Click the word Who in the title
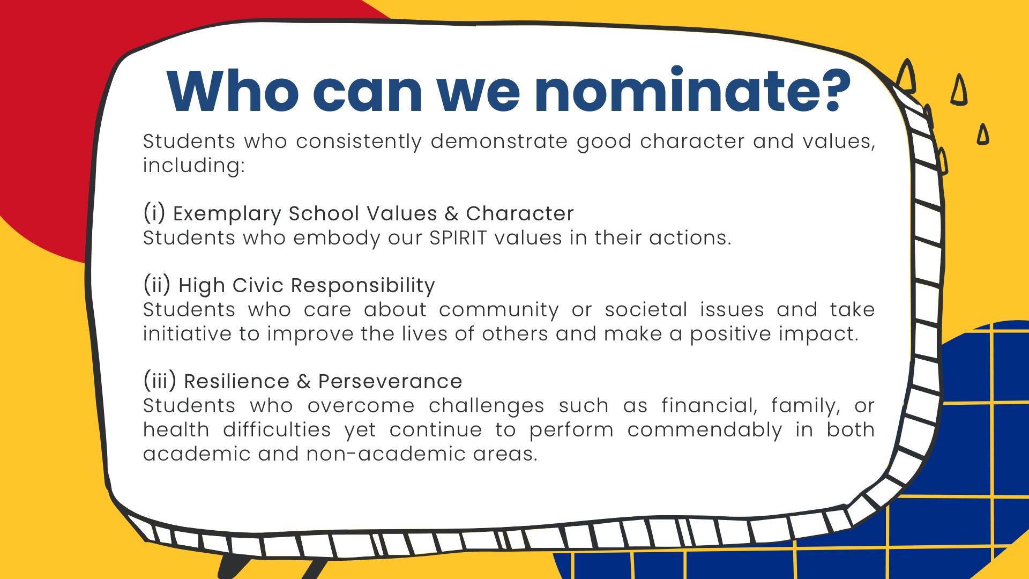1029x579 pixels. click(233, 91)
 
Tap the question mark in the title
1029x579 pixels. click(830, 91)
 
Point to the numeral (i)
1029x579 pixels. click(154, 213)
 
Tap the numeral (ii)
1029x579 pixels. click(157, 285)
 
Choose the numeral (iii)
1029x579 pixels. click(160, 381)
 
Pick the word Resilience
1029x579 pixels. click(237, 381)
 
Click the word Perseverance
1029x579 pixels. click(390, 381)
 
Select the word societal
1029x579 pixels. click(646, 310)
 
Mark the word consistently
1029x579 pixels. click(359, 142)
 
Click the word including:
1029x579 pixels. click(193, 166)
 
